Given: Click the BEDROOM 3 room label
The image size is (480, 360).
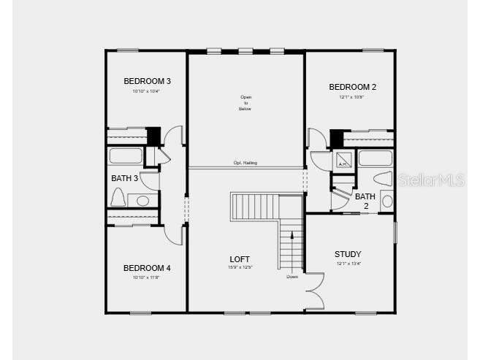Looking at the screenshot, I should tap(147, 81).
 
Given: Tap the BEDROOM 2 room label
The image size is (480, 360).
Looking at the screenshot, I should tap(351, 87).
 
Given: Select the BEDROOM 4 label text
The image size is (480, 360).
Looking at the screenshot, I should tap(147, 268).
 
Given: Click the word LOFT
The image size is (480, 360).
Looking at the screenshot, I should tap(240, 259).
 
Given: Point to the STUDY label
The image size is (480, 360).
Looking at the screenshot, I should tap(348, 254).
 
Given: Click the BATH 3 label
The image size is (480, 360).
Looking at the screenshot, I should tap(124, 178).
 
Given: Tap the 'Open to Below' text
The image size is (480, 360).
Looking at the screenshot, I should tap(245, 103).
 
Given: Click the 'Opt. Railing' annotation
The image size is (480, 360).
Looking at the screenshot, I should tap(245, 163).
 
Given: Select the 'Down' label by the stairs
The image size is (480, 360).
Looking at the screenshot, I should tap(292, 277).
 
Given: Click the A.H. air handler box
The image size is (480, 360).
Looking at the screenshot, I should tap(342, 160).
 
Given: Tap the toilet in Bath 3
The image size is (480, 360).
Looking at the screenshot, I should tap(118, 197).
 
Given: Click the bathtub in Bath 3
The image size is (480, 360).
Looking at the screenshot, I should tap(126, 156).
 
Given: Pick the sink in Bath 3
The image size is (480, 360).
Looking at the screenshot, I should tap(143, 200).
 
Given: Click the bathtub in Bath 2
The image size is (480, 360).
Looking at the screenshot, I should tap(376, 158).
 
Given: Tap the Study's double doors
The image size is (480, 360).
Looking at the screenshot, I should tap(314, 291).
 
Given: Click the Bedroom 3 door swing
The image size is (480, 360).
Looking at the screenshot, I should tap(173, 136).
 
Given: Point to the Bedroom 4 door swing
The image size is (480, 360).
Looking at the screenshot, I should tap(173, 234).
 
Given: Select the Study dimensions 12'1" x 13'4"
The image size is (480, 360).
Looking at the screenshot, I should tap(348, 264).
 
